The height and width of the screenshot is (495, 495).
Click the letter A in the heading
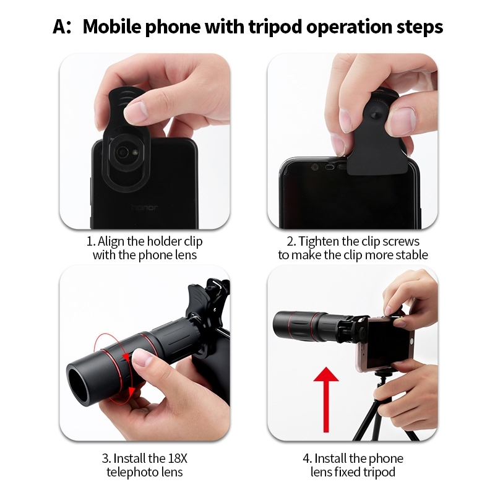click(60, 27)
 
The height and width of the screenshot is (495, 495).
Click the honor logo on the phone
click(144, 207)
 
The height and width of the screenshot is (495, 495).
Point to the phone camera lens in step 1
click(122, 153)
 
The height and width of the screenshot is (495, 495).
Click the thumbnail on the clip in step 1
click(137, 111)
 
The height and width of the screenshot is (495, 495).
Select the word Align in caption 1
click(111, 242)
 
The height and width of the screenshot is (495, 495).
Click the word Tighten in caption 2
click(319, 242)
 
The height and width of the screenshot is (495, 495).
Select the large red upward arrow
click(326, 399)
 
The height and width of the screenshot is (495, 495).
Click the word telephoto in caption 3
click(132, 472)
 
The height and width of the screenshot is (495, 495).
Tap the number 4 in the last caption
click(306, 458)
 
